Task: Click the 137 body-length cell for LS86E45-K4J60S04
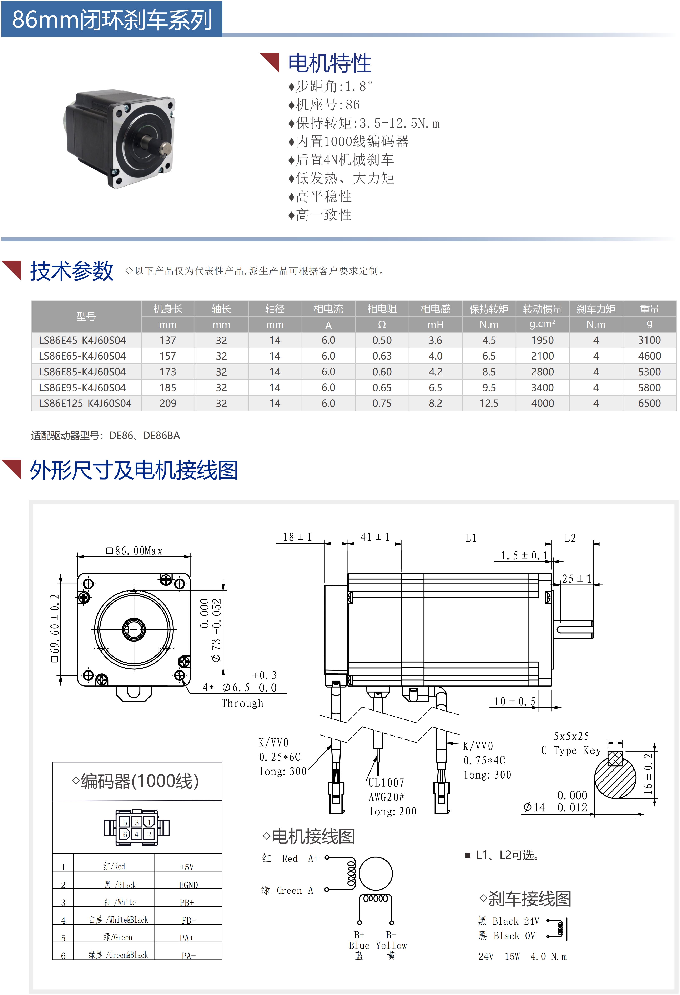[168, 340]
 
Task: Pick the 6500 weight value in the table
[649, 403]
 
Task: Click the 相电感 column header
[435, 309]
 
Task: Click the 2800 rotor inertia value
[542, 372]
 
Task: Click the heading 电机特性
[329, 63]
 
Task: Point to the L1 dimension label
[471, 538]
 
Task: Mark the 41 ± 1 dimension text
[375, 537]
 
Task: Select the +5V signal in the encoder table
[187, 867]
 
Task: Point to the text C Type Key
[571, 751]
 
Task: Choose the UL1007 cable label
[386, 783]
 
